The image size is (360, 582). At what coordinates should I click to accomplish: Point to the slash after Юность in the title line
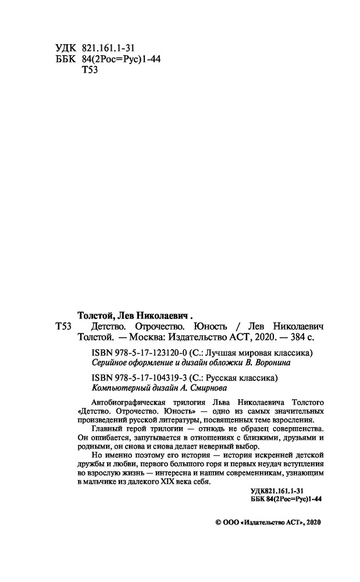pyautogui.click(x=238, y=327)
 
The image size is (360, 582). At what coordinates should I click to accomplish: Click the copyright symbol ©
pyautogui.click(x=218, y=523)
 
